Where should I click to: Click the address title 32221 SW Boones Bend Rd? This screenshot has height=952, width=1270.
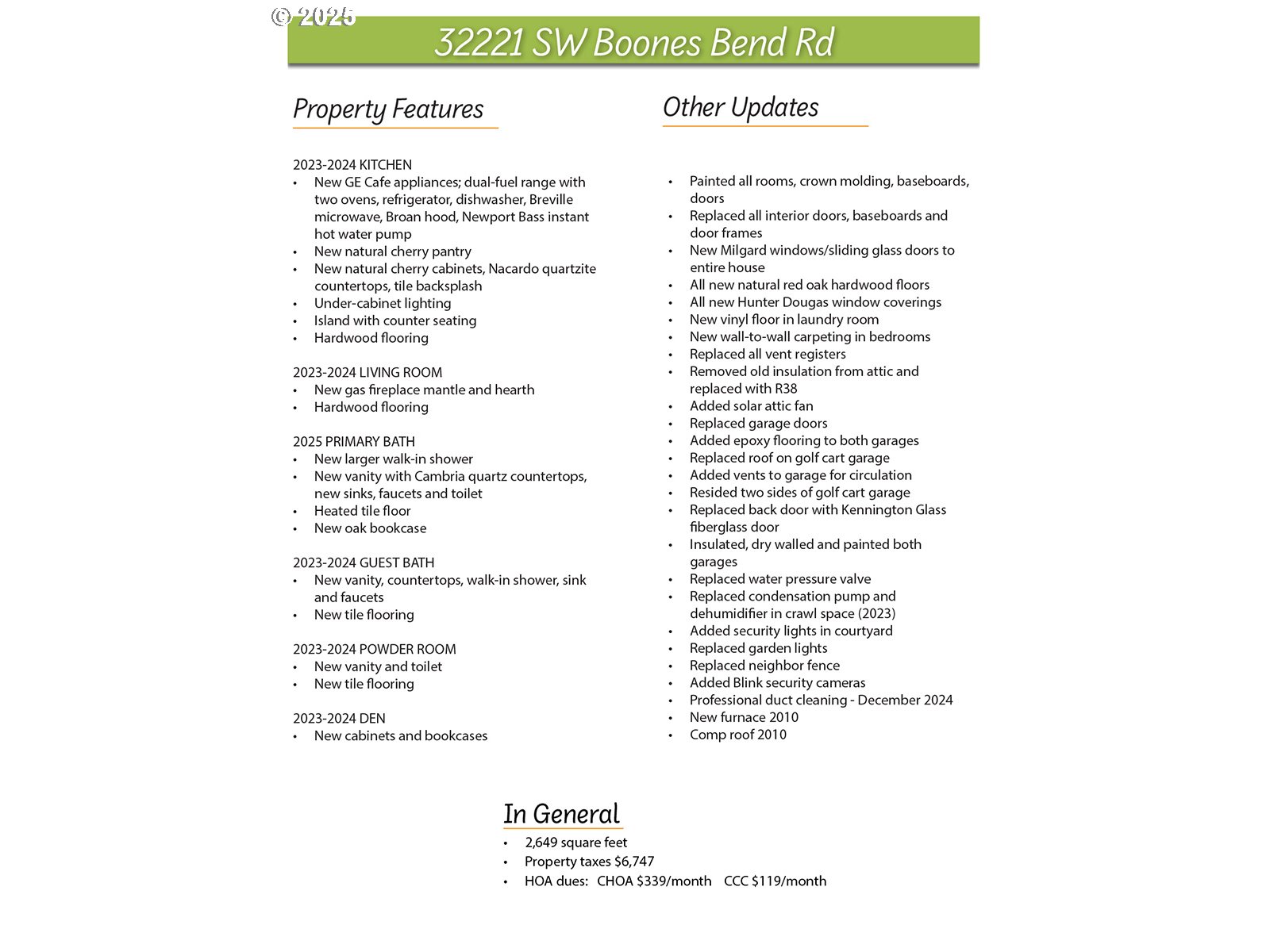point(633,42)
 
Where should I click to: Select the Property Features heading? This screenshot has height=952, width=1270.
point(388,109)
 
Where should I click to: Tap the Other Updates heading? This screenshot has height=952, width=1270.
point(741,107)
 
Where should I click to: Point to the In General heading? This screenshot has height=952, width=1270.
point(561,814)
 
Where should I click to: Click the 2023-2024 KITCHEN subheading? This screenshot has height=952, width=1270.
point(352,165)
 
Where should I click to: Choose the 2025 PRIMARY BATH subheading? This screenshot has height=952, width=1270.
point(354,442)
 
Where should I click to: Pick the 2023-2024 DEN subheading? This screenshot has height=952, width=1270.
point(339,719)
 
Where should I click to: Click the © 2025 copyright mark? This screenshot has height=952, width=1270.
point(313,17)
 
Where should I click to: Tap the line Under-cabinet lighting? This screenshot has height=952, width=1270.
point(383,303)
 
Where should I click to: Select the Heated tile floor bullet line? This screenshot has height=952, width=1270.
point(363,511)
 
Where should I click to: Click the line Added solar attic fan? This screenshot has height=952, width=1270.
point(751,406)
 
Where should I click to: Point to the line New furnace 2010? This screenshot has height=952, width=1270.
point(744,717)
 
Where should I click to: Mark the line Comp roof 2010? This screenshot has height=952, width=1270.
point(738,735)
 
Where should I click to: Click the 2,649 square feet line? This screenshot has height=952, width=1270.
point(575,843)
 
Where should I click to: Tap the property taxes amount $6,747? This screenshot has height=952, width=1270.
point(634,862)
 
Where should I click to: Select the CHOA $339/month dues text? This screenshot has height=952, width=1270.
point(654,881)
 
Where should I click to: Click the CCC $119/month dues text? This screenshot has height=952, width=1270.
point(775,881)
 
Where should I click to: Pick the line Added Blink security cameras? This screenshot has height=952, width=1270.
point(777,682)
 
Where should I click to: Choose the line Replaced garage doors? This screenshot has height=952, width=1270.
point(758,424)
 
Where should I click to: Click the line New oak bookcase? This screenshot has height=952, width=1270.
point(370,528)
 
